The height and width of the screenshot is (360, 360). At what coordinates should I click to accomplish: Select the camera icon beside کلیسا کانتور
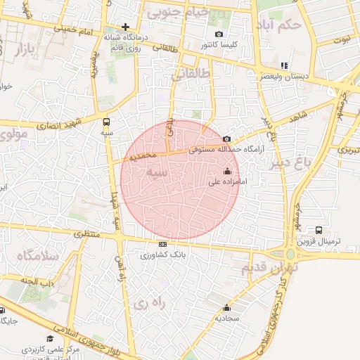click(219, 34)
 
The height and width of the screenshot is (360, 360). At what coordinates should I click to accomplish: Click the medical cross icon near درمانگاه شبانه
click(126, 27)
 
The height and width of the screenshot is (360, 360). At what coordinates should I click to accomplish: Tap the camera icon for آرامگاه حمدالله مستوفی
click(226, 139)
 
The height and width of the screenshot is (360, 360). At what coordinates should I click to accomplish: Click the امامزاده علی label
click(229, 181)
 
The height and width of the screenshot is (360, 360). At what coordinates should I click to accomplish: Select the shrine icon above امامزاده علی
click(226, 171)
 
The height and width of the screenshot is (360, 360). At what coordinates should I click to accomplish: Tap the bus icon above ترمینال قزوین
click(319, 230)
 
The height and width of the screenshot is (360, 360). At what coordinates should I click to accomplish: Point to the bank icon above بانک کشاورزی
click(163, 245)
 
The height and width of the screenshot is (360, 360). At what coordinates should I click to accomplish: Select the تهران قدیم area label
click(270, 268)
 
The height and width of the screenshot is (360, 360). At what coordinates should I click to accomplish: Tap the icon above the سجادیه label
click(226, 308)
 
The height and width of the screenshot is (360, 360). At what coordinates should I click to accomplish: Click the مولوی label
click(14, 133)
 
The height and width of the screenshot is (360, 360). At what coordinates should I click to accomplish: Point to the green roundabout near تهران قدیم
click(290, 254)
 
